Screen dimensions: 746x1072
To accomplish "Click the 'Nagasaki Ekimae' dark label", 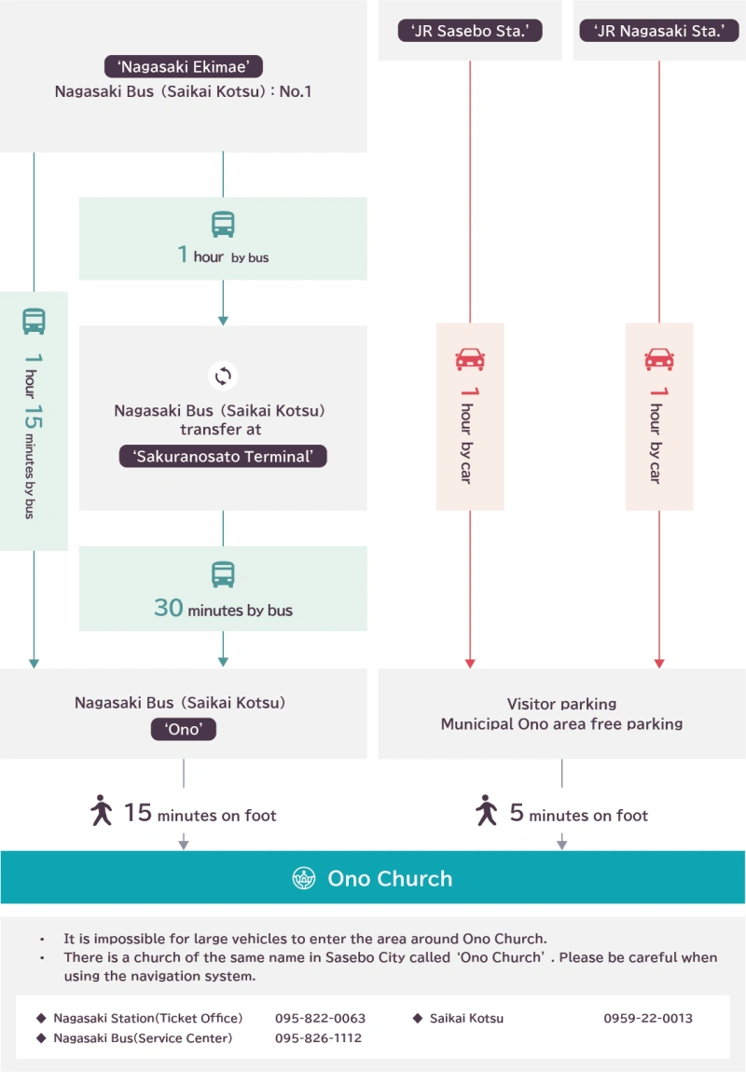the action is [x=184, y=66].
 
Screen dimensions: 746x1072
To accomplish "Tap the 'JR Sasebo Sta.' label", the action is [x=470, y=31].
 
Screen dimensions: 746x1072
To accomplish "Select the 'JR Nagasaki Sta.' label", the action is [x=659, y=31].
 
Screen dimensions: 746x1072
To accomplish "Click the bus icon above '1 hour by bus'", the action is [x=223, y=225].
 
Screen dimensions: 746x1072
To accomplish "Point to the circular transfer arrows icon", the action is [x=223, y=376].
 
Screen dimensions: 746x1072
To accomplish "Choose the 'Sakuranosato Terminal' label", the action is [x=223, y=456].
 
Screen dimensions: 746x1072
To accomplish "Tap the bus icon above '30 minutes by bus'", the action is [x=223, y=574].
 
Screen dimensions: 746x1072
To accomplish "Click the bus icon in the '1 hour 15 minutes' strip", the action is [x=35, y=322].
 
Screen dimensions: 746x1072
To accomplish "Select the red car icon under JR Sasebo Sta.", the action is [x=470, y=359].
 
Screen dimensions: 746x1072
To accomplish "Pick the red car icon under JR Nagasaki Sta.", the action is [x=659, y=359].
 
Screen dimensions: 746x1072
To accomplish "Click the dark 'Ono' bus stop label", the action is [x=184, y=729].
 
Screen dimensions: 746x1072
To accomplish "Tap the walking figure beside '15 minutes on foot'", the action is [x=102, y=810].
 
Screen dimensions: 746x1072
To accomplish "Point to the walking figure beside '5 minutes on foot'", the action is [x=487, y=810].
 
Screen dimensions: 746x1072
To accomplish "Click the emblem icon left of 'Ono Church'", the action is [x=304, y=878].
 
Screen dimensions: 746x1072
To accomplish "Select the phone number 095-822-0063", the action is [x=320, y=1018].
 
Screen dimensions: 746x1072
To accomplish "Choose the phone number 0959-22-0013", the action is [x=648, y=1018].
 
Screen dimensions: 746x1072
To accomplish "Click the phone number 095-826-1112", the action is [x=319, y=1038].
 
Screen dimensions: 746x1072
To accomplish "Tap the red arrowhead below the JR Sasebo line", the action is [x=470, y=663].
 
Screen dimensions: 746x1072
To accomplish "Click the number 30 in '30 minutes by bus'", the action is [x=168, y=608].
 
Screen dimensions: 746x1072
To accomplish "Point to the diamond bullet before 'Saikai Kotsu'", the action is [x=417, y=1018].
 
